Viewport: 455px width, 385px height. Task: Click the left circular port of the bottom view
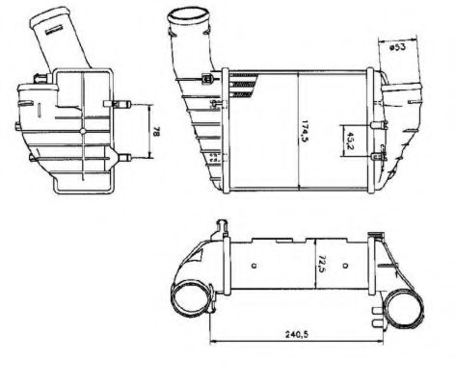pyautogui.click(x=191, y=301)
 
